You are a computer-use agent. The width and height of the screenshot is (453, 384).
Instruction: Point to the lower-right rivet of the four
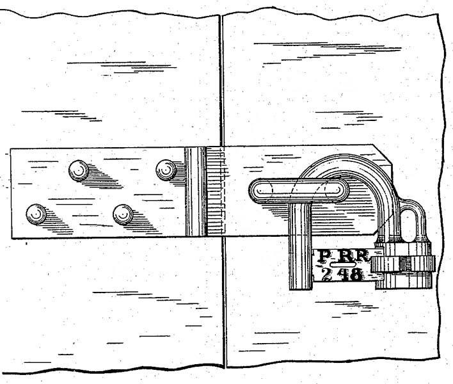123,214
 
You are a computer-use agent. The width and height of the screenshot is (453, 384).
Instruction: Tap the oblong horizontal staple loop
297,190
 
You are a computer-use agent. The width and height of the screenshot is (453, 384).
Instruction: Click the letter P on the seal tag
325,257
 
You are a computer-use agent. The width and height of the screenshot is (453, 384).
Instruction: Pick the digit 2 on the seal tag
326,274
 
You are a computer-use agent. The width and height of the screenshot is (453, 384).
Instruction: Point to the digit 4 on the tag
342,275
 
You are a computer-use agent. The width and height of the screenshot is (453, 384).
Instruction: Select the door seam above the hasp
220,77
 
